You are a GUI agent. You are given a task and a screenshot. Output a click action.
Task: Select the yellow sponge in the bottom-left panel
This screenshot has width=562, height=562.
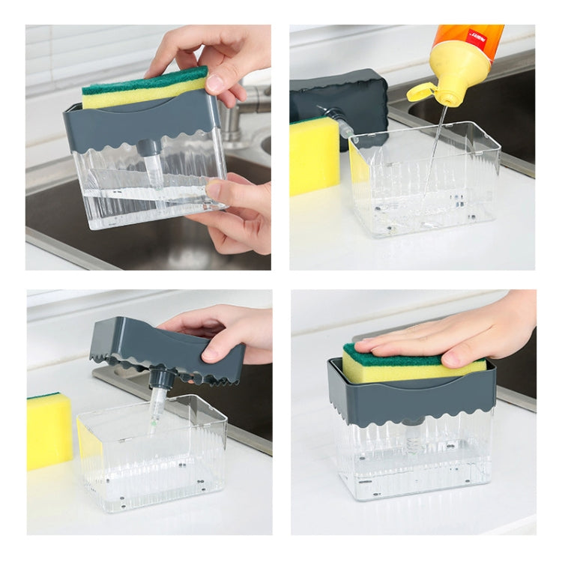(x=49, y=430)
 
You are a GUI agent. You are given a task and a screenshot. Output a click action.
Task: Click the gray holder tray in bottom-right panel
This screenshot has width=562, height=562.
(x=411, y=397)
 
